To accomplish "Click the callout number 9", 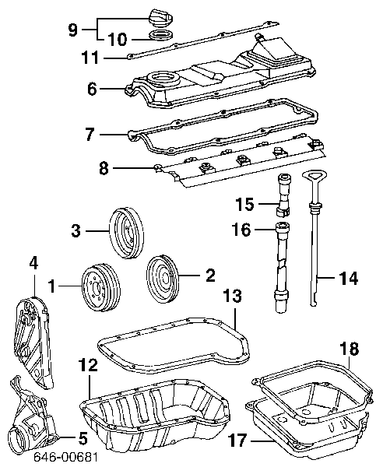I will [72, 30].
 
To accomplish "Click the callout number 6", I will [92, 90].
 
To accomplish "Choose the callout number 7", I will [90, 135].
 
